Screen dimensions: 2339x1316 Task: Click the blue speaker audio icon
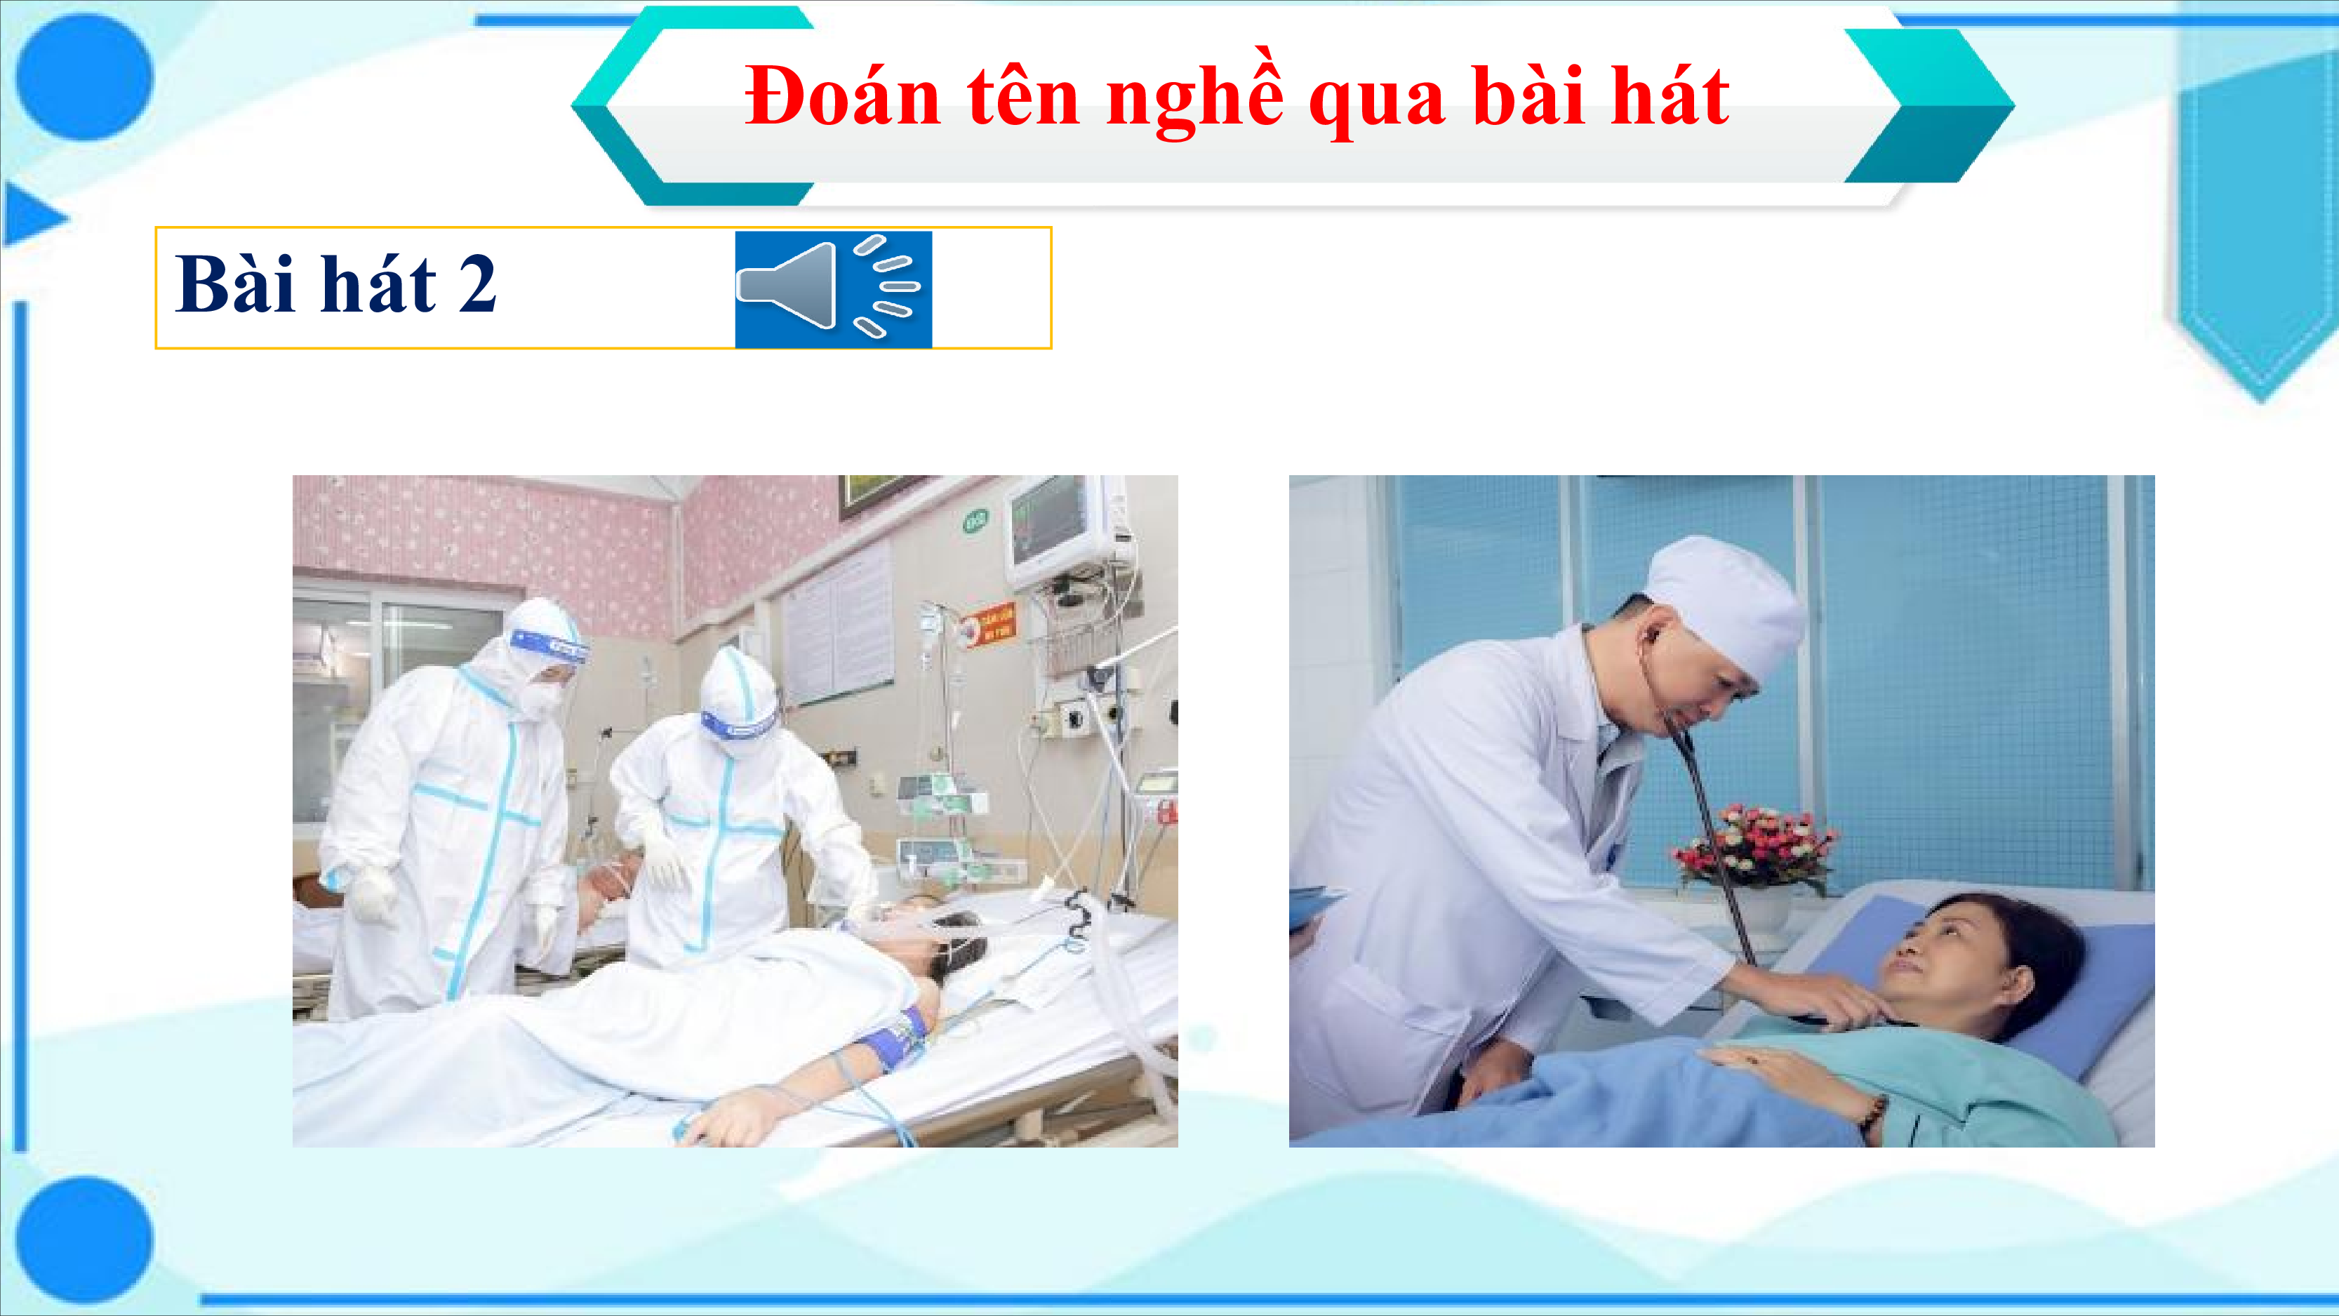[834, 288]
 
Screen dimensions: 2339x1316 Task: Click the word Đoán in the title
[843, 96]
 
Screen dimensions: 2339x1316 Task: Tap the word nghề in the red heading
[1196, 99]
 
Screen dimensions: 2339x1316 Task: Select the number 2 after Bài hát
[478, 284]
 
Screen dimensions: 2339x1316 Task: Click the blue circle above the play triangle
[84, 77]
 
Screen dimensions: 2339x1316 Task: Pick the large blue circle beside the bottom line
[84, 1239]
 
